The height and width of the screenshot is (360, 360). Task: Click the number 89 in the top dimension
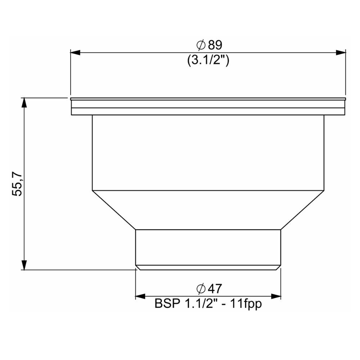point(215,45)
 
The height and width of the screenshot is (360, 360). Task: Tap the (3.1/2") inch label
point(208,60)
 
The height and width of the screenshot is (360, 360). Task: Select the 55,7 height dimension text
point(18,184)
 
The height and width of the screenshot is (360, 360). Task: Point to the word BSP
point(167,304)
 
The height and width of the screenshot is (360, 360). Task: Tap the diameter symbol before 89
point(201,45)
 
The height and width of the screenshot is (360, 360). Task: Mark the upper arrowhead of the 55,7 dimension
point(24,102)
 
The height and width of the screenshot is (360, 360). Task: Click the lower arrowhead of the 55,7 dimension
point(24,265)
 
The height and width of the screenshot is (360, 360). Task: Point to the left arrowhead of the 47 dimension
point(140,296)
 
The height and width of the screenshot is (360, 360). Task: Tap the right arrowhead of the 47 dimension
point(276,296)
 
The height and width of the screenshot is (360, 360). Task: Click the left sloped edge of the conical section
point(114,210)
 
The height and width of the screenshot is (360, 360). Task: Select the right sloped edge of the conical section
point(302,210)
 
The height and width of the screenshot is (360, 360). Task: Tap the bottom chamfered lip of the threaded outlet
point(208,267)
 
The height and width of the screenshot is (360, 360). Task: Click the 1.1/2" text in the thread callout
point(198,304)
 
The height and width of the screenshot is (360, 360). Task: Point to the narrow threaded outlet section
point(208,248)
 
